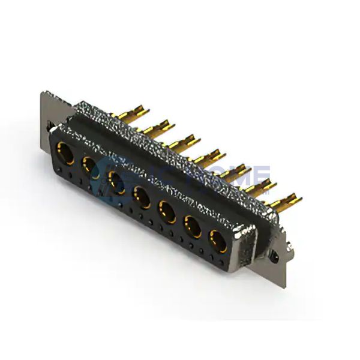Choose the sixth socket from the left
pyautogui.click(x=191, y=226)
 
